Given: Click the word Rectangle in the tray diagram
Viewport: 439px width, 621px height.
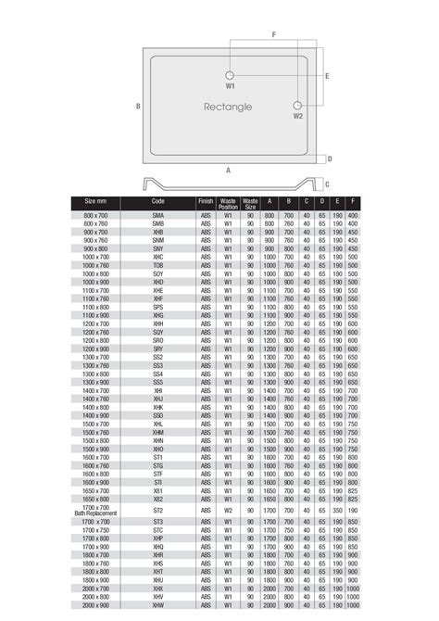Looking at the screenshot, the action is pos(228,108).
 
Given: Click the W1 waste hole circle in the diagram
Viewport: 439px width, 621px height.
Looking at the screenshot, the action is pos(230,73).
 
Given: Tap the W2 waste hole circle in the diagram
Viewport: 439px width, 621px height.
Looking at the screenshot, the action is pos(298,106).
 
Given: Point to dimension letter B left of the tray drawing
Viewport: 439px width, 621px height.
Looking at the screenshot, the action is pos(138,107).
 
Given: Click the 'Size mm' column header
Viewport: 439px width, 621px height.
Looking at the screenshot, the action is pos(96,201).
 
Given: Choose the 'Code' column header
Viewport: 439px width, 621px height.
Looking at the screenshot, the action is pos(158,201).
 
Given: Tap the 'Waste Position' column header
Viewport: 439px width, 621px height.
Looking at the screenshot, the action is pos(228,204).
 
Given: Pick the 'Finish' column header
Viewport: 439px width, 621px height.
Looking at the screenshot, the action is pos(205,201).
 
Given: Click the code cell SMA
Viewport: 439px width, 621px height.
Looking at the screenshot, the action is pos(158,215).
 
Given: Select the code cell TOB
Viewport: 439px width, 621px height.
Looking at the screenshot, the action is pos(158,265).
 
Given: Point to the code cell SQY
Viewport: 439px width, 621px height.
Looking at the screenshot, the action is pos(158,332).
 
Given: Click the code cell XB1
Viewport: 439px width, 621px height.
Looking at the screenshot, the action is pos(158,490).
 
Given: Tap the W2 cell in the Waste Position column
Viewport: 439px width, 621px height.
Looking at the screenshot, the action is pos(228,511).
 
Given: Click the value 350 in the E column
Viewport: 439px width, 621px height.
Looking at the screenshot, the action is pos(338,511).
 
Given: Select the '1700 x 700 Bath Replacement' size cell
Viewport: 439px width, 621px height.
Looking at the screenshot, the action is pos(96,511).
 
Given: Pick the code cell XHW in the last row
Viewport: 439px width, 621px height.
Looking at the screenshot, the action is pos(158,605).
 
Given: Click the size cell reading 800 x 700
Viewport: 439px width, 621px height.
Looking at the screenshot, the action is pos(96,215).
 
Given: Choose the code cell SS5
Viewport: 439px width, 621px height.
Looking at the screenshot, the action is pos(158,382).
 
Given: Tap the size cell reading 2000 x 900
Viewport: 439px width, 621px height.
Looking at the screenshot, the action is pos(96,605).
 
